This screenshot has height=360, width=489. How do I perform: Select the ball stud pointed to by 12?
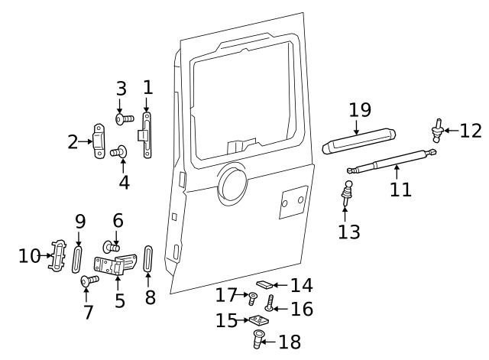pos(439,130)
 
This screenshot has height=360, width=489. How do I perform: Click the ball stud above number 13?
pos(348,190)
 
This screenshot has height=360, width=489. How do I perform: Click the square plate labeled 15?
pos(256,321)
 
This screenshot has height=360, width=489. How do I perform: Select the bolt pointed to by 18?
pos(257,339)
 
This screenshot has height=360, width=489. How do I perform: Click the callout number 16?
pos(302,309)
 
